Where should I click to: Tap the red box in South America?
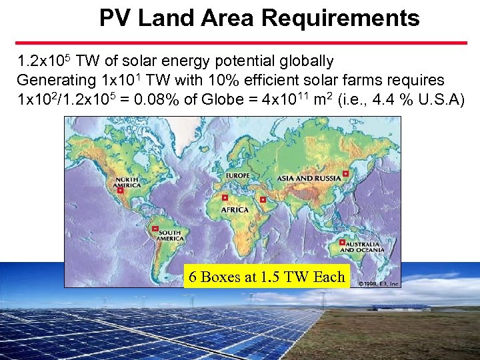tap(155, 228)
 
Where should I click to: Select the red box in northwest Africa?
tap(225, 197)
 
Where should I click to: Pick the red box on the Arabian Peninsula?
tap(263, 199)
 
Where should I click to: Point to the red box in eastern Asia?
tap(345, 173)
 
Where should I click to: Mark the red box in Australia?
tap(342, 243)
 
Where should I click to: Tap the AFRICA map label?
tap(235, 209)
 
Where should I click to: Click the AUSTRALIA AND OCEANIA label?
tap(363, 247)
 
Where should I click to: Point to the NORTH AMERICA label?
tap(128, 183)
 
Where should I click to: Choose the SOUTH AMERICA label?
tap(170, 235)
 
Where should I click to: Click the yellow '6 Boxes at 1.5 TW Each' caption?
tap(267, 277)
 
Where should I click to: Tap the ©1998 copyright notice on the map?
tap(379, 283)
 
